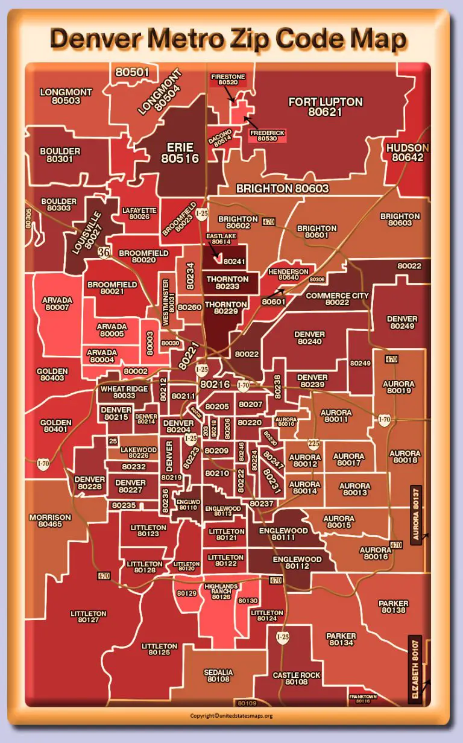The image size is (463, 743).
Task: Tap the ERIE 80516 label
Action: click(180, 153)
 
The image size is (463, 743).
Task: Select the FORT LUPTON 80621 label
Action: click(326, 107)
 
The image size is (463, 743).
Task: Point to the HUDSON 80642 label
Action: click(408, 153)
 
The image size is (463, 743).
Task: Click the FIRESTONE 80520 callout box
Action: click(228, 80)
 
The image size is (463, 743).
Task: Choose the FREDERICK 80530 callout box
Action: click(266, 136)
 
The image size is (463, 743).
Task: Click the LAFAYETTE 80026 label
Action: click(139, 213)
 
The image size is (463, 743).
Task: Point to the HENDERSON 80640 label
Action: click(288, 275)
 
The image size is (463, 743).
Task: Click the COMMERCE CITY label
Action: click(337, 296)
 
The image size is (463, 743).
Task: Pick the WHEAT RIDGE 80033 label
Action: click(124, 393)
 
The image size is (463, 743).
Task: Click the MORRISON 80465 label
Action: click(49, 521)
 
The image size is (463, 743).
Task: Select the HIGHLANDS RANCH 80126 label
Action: click(221, 592)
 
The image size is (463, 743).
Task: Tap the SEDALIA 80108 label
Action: click(218, 675)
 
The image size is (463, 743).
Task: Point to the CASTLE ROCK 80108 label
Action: click(297, 678)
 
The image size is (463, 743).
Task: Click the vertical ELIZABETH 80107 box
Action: click(414, 669)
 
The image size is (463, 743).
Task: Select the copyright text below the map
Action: click(231, 716)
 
